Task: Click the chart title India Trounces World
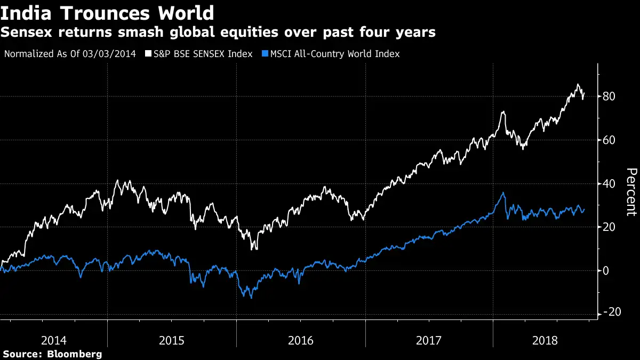[x=107, y=12]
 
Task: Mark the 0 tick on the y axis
[x=606, y=271]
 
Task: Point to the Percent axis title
[x=631, y=192]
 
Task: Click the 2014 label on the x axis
[x=53, y=340]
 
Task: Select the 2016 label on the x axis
[x=301, y=340]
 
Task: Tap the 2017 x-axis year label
[x=429, y=340]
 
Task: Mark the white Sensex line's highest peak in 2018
[x=578, y=84]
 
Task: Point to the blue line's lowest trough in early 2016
[x=251, y=297]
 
